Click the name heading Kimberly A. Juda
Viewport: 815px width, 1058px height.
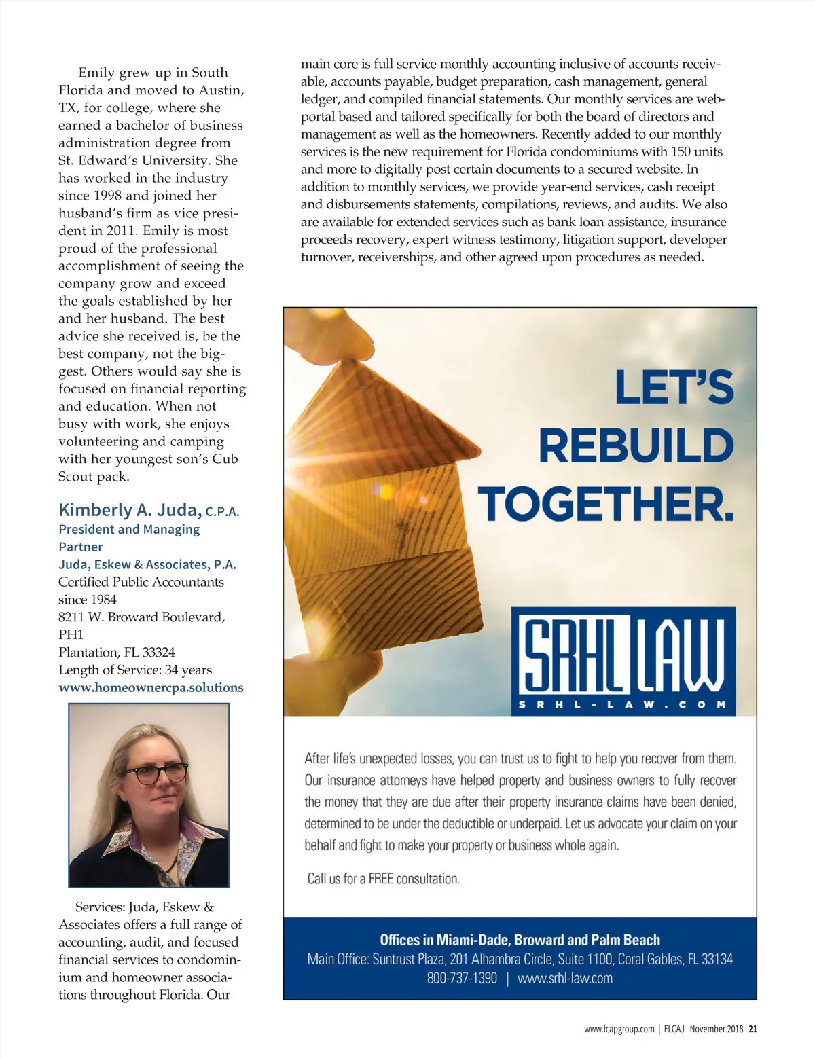pyautogui.click(x=130, y=510)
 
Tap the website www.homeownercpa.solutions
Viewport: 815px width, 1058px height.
pyautogui.click(x=151, y=688)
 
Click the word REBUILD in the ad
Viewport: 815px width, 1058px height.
pyautogui.click(x=636, y=445)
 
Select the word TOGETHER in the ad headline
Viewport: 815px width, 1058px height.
pyautogui.click(x=606, y=505)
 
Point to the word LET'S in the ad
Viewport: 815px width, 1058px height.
pyautogui.click(x=674, y=387)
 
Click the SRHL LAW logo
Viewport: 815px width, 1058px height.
pyautogui.click(x=623, y=661)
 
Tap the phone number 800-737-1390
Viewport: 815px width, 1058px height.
pyautogui.click(x=462, y=979)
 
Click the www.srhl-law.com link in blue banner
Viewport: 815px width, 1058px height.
pyautogui.click(x=565, y=979)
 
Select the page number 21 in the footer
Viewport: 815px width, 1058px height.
pyautogui.click(x=753, y=1029)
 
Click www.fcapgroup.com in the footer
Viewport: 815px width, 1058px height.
pyautogui.click(x=619, y=1029)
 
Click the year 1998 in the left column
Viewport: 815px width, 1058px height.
pyautogui.click(x=105, y=196)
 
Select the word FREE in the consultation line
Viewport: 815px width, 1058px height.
pyautogui.click(x=381, y=879)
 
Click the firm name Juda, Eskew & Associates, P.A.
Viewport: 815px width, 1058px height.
pyautogui.click(x=147, y=564)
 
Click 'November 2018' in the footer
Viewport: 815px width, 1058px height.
pyautogui.click(x=717, y=1029)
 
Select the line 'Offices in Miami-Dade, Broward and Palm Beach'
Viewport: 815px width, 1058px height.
pyautogui.click(x=520, y=940)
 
